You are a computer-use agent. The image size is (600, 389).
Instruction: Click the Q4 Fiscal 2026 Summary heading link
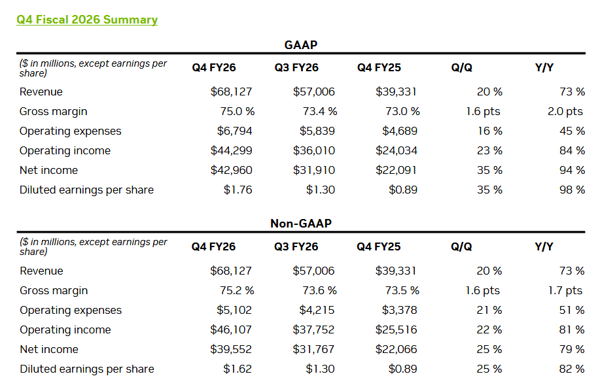pos(87,20)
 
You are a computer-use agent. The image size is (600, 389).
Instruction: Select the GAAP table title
pos(301,44)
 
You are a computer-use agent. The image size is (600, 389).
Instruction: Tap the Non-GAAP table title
pos(301,224)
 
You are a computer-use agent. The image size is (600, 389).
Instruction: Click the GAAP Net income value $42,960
pos(232,170)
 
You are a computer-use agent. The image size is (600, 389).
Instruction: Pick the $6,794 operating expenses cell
pos(235,131)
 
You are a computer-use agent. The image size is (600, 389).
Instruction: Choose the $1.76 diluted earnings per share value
pos(238,190)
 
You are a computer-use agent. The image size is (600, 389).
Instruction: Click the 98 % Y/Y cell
pos(572,190)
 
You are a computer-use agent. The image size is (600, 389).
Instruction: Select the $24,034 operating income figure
pos(397,150)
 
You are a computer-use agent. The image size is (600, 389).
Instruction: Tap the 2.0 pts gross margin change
pos(565,111)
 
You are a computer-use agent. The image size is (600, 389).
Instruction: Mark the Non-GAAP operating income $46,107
pos(231,330)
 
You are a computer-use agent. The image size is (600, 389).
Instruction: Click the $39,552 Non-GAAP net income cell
pos(231,349)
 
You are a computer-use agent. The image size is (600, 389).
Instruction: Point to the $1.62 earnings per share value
pos(238,369)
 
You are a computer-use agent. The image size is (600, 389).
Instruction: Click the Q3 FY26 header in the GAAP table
pos(296,67)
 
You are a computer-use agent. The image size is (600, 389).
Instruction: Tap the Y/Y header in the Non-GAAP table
pos(544,246)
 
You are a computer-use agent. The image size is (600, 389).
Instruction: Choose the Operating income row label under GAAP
pos(65,150)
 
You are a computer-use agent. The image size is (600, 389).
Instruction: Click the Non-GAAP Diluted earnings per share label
pos(87,369)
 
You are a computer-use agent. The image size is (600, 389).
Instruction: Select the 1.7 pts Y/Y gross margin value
pos(565,290)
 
